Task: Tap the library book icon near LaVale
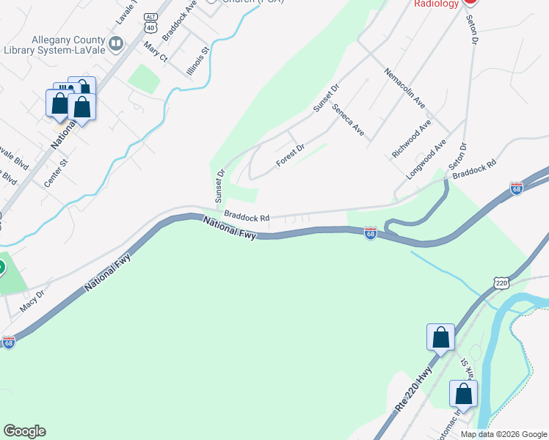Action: pyautogui.click(x=115, y=45)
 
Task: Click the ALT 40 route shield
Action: pyautogui.click(x=151, y=21)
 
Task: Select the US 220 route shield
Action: pyautogui.click(x=501, y=283)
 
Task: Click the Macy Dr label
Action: pyautogui.click(x=32, y=300)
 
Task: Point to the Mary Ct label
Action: pyautogui.click(x=156, y=52)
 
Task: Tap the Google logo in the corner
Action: pyautogui.click(x=24, y=431)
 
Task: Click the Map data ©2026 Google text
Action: pyautogui.click(x=503, y=434)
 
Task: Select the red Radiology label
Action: pyautogui.click(x=436, y=4)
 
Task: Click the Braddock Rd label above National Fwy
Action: pyautogui.click(x=247, y=217)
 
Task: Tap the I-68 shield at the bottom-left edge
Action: pyautogui.click(x=8, y=342)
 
